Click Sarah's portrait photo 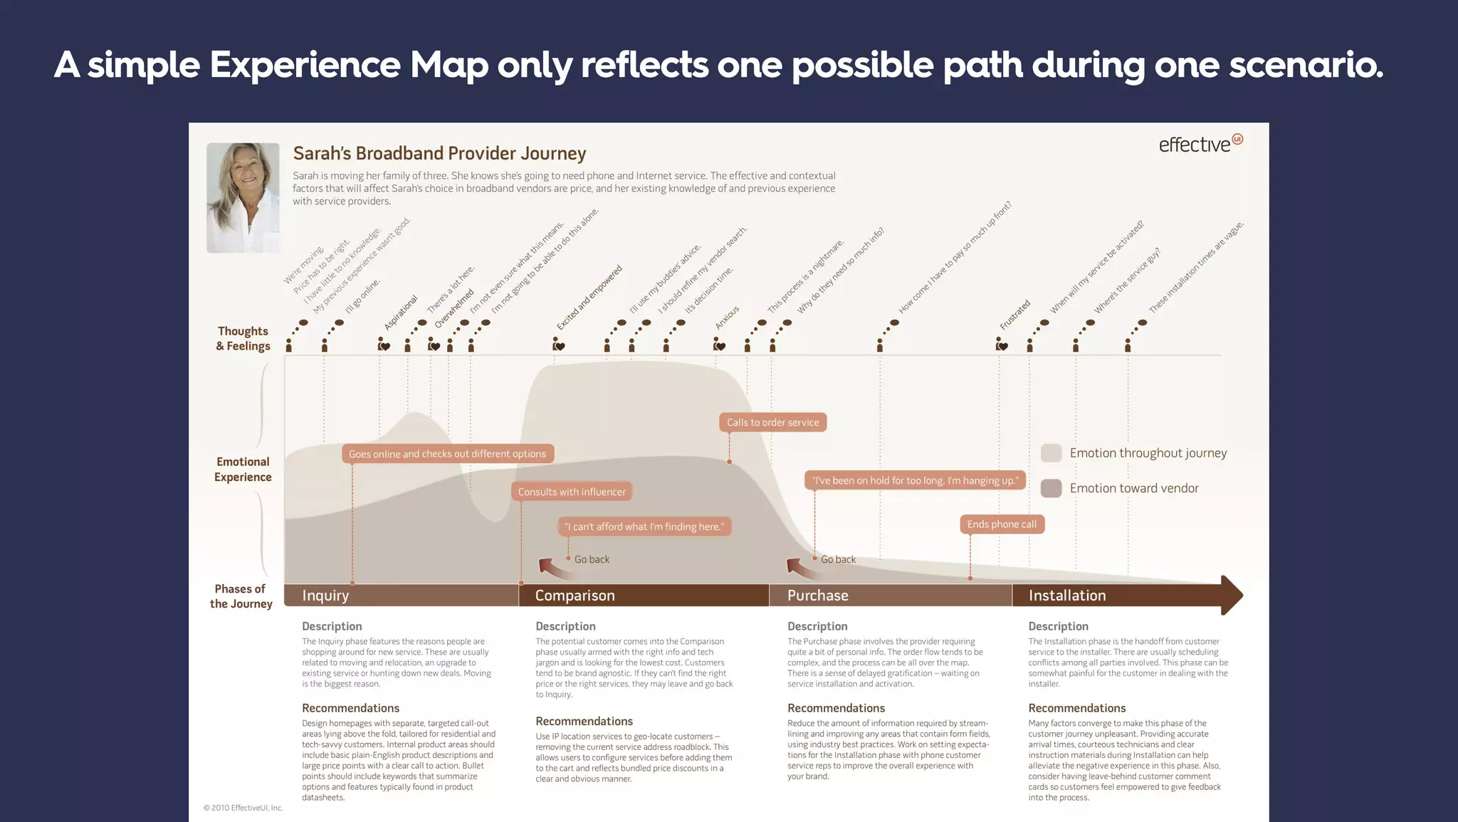point(243,197)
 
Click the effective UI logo point(1200,144)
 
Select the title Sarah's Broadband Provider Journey point(439,153)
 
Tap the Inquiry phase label point(325,595)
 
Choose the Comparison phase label point(575,595)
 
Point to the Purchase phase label point(817,595)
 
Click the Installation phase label point(1066,595)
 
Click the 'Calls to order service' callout point(772,422)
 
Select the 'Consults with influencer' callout point(572,491)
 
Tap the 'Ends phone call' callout point(1001,524)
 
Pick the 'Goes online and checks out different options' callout point(447,454)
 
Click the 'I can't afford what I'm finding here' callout point(644,526)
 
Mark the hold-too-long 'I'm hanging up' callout point(915,480)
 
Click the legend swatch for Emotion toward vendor point(1051,488)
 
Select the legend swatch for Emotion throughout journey point(1051,453)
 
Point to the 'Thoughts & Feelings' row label point(243,338)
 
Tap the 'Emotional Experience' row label point(243,469)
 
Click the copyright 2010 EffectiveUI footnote point(243,808)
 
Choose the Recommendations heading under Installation point(1076,708)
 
